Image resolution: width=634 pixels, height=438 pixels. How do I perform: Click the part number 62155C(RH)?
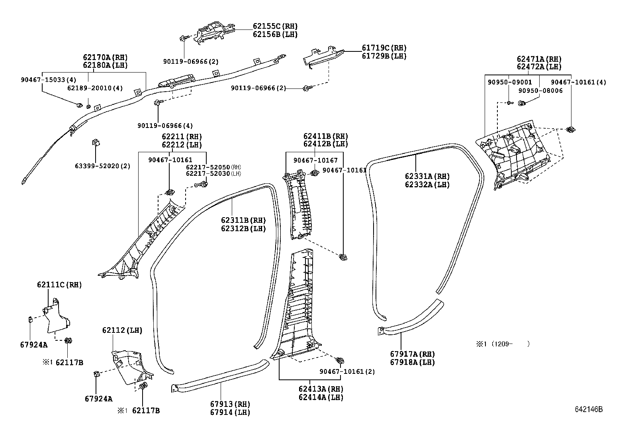(x=275, y=26)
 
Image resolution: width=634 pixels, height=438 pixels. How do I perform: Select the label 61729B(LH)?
(x=384, y=56)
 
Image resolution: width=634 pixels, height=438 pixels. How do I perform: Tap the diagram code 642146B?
(x=588, y=410)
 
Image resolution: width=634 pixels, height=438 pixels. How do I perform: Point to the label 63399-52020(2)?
(x=102, y=166)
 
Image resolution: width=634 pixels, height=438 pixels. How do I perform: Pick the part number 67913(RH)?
(x=230, y=404)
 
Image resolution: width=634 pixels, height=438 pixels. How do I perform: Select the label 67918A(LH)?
(x=412, y=362)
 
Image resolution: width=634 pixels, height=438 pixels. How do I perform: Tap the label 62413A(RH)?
(x=321, y=389)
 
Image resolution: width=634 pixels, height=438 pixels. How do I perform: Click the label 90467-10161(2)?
(x=347, y=372)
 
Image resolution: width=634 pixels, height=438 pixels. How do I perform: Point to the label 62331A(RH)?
(x=427, y=176)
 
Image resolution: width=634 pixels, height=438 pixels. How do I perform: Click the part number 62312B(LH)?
(x=243, y=229)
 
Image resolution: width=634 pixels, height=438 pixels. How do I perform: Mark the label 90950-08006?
(x=540, y=90)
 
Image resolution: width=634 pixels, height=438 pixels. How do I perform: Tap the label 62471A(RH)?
(x=539, y=59)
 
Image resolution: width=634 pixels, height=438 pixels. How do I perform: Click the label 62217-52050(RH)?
(x=213, y=167)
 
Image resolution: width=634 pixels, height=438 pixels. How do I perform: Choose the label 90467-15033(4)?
(x=48, y=80)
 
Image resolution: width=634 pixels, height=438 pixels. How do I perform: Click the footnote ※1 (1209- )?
(x=503, y=344)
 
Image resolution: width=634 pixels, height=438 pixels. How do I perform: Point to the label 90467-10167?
(x=315, y=160)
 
